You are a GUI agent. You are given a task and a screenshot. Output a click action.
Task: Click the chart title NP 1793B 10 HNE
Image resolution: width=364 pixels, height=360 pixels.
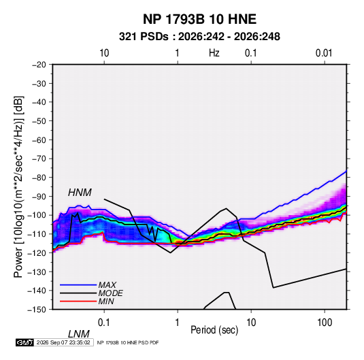(199, 19)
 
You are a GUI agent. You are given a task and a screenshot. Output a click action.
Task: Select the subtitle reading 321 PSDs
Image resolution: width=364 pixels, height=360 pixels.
(144, 37)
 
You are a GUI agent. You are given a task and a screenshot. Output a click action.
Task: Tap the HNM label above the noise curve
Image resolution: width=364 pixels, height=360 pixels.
(80, 193)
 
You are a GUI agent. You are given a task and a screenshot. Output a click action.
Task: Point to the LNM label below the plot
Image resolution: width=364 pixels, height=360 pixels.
(78, 334)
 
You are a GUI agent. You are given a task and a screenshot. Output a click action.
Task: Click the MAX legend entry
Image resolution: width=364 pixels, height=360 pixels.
(107, 284)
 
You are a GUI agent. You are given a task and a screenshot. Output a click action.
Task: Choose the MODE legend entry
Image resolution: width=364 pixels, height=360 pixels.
(110, 293)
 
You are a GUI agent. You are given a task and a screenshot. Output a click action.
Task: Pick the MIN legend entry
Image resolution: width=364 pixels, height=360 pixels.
(106, 301)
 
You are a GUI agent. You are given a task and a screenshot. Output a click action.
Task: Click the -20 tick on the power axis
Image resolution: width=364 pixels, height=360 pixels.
(39, 65)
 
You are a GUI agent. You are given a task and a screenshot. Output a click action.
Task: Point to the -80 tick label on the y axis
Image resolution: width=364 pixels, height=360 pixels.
(39, 178)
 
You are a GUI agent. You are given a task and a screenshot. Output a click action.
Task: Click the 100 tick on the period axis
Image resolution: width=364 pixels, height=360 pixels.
(325, 323)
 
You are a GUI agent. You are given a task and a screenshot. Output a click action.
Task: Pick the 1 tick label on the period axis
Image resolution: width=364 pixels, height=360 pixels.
(178, 323)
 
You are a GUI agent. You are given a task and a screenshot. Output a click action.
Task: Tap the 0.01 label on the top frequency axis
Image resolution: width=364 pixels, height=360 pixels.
(324, 53)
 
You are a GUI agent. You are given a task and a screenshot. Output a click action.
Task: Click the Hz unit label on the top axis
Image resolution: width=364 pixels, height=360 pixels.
(214, 53)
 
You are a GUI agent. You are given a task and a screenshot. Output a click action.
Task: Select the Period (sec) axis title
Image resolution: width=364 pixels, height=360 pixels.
(214, 330)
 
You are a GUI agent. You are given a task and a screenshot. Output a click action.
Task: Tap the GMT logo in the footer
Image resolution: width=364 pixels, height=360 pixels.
(24, 342)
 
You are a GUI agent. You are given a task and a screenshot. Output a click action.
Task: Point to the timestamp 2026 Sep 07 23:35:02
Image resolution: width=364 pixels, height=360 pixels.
(63, 342)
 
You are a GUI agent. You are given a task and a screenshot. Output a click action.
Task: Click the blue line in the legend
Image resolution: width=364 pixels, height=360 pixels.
(78, 284)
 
